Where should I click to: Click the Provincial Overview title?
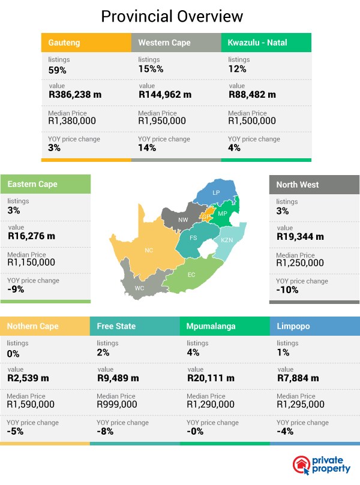point(172,16)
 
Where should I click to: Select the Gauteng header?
point(64,43)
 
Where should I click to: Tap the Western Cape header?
point(164,43)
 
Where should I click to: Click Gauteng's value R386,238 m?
point(77,95)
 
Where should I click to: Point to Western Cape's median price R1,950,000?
point(165,121)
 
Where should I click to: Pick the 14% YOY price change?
point(147,147)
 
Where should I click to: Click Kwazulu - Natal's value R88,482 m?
point(252,95)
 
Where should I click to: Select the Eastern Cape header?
point(32,184)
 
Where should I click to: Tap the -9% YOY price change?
point(16,289)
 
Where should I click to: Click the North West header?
point(298,185)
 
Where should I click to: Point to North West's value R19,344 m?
point(300,236)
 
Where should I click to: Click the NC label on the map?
point(148,249)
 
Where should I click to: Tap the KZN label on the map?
point(227,240)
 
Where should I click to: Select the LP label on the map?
point(216,192)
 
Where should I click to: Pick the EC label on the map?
point(191,274)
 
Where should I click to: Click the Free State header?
point(116,326)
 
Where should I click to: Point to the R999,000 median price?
point(117,405)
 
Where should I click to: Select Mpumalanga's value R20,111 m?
point(208,378)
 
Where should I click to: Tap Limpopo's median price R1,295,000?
point(301,405)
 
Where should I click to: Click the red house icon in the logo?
point(301,465)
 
